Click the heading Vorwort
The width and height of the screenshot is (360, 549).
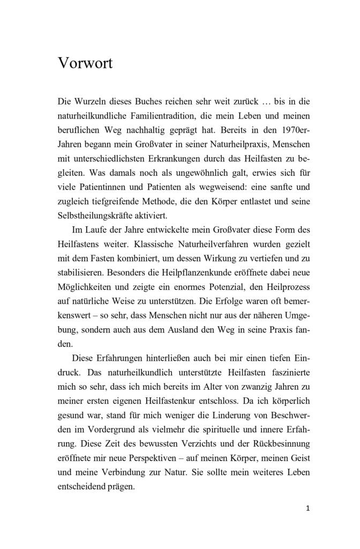[85, 64]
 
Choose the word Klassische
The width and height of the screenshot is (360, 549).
[130, 244]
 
